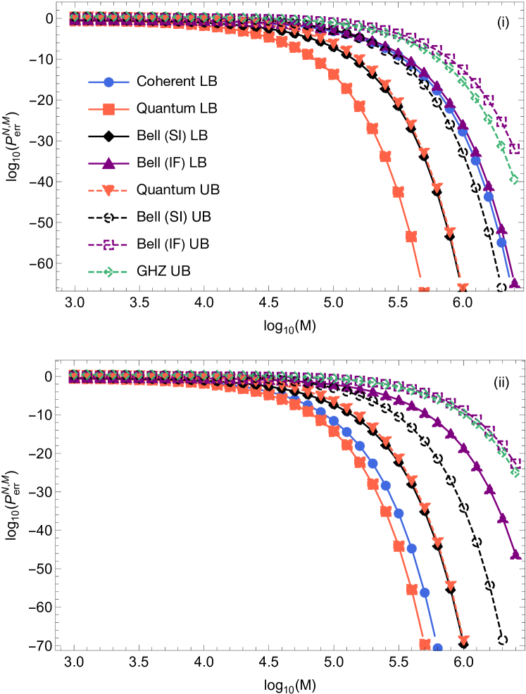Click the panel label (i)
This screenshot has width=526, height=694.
pos(503,22)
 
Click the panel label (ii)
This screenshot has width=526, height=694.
pos(501,382)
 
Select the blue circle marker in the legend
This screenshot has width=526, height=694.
pos(108,82)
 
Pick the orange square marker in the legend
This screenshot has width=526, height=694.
pos(108,109)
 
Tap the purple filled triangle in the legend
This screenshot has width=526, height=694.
pos(108,163)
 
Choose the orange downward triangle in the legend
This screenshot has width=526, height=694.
pos(108,190)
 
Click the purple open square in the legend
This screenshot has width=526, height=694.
pos(108,245)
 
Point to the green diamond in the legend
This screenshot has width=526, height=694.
pos(108,272)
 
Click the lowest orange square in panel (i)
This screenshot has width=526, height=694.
pos(424,289)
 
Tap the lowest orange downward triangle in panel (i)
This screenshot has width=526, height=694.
pos(463,288)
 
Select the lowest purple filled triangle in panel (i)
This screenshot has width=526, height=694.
pos(515,283)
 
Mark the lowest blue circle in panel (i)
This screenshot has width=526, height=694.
pos(501,242)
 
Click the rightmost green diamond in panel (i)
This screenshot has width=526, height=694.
pos(514,179)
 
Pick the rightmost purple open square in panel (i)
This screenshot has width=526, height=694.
pos(514,149)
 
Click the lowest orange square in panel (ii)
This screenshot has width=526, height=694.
pos(425,644)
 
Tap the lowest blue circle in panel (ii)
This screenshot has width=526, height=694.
pos(437,648)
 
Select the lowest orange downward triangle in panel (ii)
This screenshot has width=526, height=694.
pos(463,640)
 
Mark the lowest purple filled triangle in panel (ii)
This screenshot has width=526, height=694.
pos(515,554)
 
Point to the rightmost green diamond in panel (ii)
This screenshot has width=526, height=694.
pos(515,472)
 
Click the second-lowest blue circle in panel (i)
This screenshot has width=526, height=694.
pos(489,196)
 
